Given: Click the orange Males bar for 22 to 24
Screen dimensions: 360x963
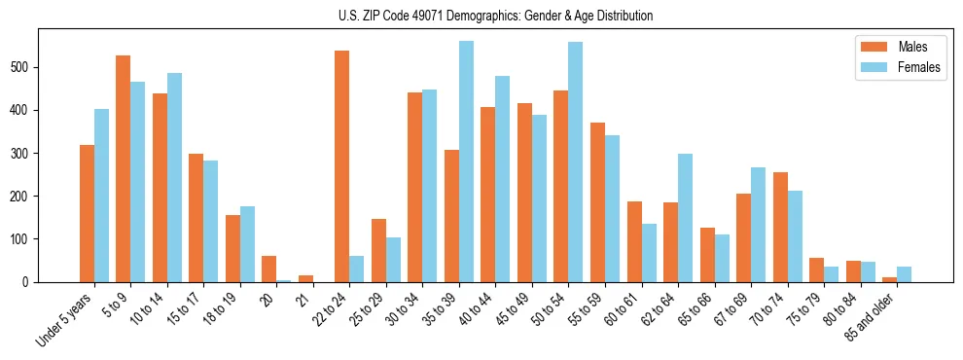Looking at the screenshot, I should tap(341, 166).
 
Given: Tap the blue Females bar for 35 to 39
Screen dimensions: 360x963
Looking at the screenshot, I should tap(466, 162).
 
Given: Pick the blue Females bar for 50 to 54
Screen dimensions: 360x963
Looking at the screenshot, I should tap(575, 162).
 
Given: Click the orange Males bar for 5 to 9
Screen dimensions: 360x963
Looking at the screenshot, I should tap(123, 168).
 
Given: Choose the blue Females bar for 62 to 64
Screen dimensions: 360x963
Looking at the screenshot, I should tap(685, 218).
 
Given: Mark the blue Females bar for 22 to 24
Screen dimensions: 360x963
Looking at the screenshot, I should tap(356, 269).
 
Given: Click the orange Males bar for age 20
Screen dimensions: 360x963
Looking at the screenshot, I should tap(268, 269).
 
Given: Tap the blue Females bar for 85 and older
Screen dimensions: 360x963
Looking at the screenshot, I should tap(904, 274).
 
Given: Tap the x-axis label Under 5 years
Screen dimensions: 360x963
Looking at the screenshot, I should tap(66, 321).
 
